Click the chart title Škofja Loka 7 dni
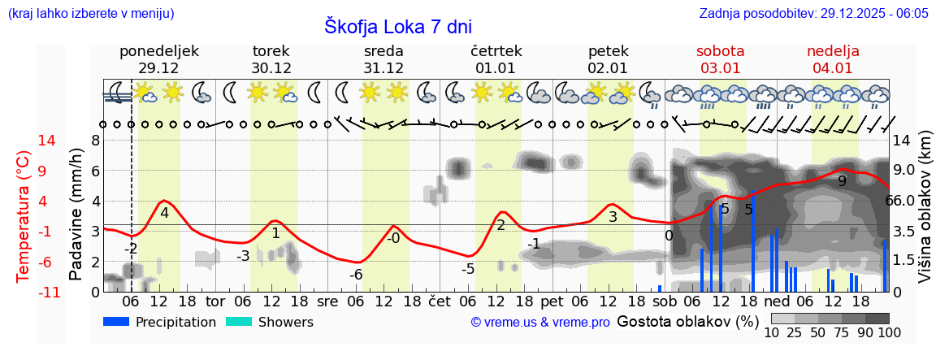click(x=397, y=26)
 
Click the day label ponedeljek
click(x=158, y=51)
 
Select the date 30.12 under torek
click(x=271, y=68)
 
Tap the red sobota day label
click(x=720, y=51)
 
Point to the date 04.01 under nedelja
click(x=833, y=68)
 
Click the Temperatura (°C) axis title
click(x=24, y=216)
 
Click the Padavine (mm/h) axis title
click(x=76, y=215)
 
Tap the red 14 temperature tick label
click(x=24, y=141)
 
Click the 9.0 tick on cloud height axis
click(x=905, y=171)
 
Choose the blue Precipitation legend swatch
click(x=116, y=322)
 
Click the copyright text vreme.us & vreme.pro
click(x=540, y=323)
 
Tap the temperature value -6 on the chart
click(x=356, y=275)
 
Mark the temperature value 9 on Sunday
click(x=843, y=181)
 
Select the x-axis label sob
click(x=665, y=301)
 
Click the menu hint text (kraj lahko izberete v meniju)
click(x=89, y=14)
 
